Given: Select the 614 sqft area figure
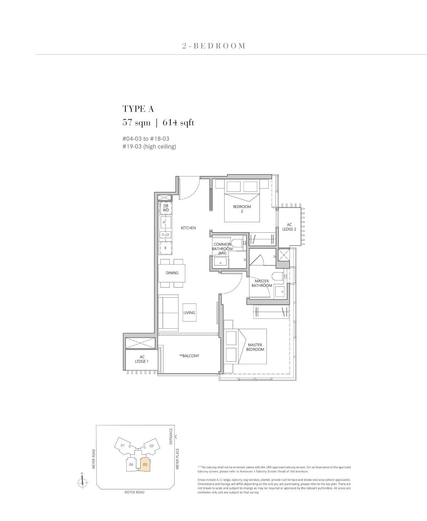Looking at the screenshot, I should tap(178, 123).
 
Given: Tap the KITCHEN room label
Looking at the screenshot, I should tap(188, 228).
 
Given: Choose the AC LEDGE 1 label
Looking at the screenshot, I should tap(142, 359).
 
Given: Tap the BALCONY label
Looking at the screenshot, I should tap(189, 356).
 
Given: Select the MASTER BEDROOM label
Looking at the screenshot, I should tap(255, 347).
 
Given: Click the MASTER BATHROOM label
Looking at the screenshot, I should tap(262, 283).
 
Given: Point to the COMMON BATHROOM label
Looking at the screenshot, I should tap(222, 247).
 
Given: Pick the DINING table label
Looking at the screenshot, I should tap(172, 273).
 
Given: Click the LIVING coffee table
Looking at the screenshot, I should tap(189, 313).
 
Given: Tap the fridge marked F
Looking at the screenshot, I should tap(165, 248).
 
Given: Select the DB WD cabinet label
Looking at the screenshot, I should tap(166, 208).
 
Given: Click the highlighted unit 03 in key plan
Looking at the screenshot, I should tap(145, 464).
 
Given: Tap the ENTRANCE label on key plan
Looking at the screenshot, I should tap(171, 436).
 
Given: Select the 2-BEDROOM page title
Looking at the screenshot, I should tap(213, 46).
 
